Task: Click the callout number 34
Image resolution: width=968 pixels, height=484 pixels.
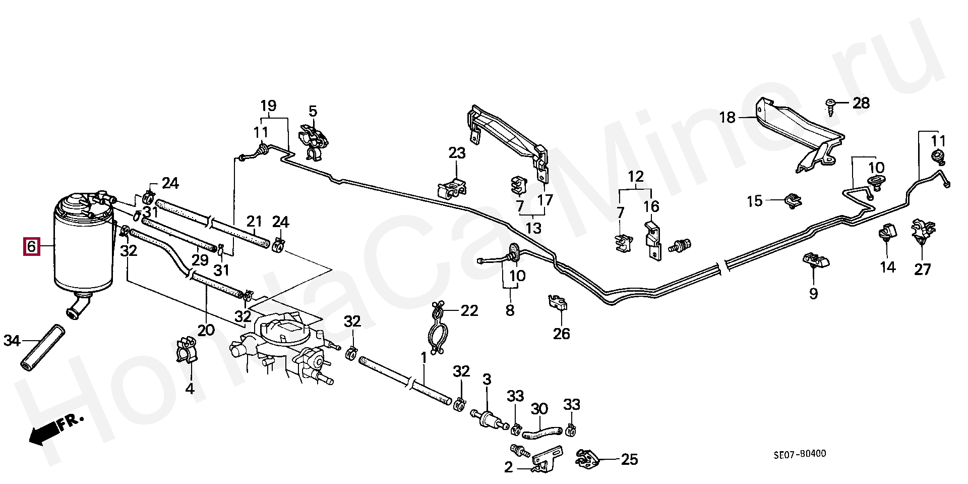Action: pyautogui.click(x=12, y=341)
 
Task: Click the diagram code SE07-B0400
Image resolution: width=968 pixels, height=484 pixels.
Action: pyautogui.click(x=800, y=454)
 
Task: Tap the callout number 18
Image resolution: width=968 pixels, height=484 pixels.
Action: pyautogui.click(x=728, y=118)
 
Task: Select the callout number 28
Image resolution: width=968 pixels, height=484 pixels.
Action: pyautogui.click(x=861, y=103)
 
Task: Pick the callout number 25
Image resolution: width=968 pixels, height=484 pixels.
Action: pyautogui.click(x=629, y=459)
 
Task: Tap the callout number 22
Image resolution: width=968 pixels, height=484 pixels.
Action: pyautogui.click(x=469, y=310)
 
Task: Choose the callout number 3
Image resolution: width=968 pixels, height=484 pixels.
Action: pyautogui.click(x=487, y=379)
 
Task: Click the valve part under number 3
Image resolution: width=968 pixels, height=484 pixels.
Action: pyautogui.click(x=487, y=418)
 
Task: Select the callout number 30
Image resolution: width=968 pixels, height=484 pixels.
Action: pyautogui.click(x=539, y=409)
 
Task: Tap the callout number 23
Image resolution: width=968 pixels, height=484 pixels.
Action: pyautogui.click(x=457, y=153)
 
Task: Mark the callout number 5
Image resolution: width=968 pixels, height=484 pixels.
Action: pyautogui.click(x=313, y=111)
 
